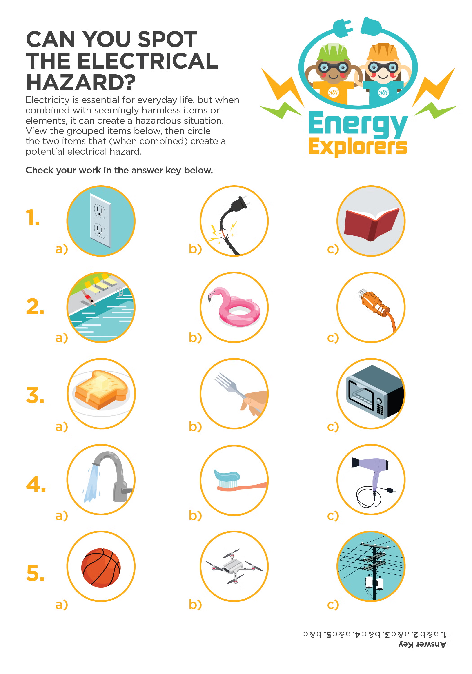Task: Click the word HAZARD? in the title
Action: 81,82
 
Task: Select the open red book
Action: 371,224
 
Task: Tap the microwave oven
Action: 374,392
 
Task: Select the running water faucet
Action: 109,477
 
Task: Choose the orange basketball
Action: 101,568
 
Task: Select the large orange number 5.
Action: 35,573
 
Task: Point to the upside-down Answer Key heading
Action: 422,644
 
